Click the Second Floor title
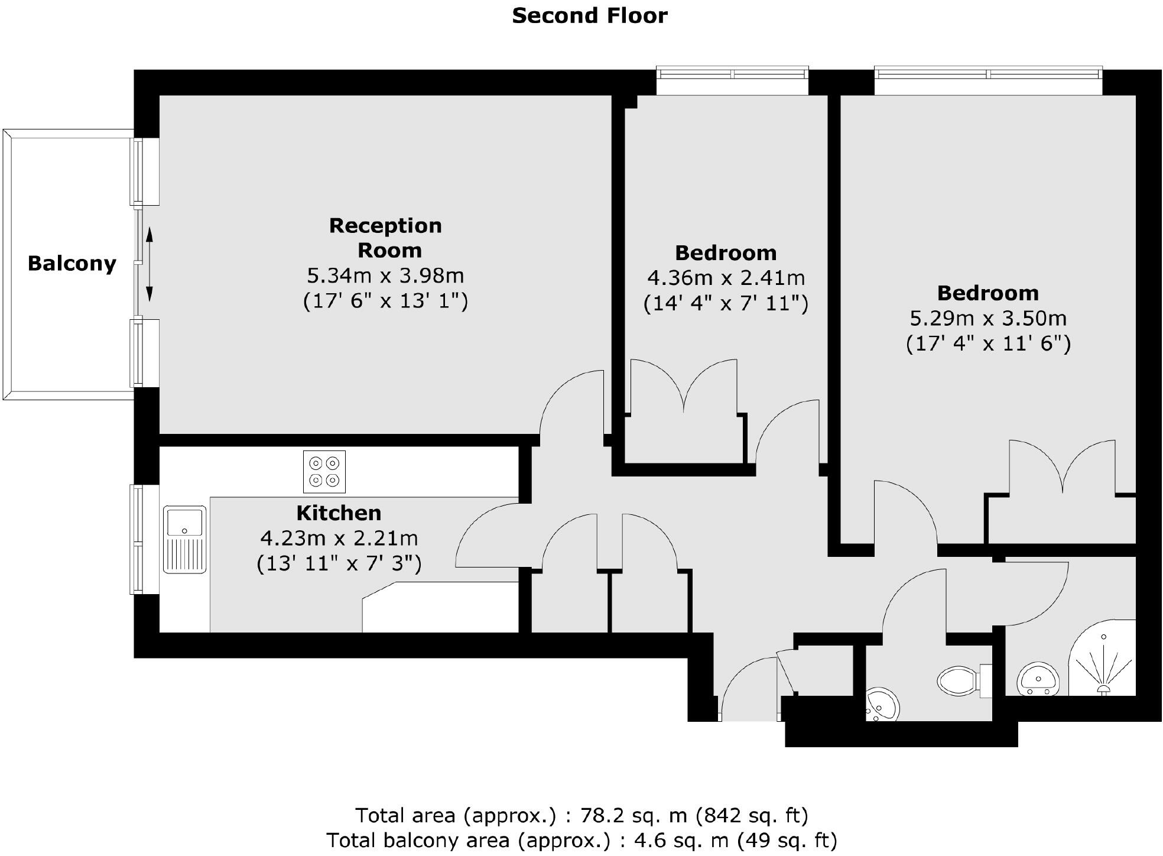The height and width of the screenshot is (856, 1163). tap(589, 16)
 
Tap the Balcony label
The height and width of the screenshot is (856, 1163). tap(72, 264)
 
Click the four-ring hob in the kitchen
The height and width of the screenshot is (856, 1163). tap(324, 472)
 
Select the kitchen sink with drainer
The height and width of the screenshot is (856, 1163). tap(185, 539)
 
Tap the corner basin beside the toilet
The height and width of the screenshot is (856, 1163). tap(882, 705)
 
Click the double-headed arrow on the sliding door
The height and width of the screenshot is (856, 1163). tap(150, 265)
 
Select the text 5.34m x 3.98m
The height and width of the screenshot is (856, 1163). tap(385, 276)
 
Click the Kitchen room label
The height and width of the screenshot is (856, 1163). tap(339, 513)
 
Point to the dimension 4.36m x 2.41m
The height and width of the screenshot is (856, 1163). tap(726, 278)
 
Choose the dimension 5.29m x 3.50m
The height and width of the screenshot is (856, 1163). tap(988, 319)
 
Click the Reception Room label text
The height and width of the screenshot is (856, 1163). tap(385, 238)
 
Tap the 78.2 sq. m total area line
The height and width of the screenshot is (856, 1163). tap(581, 816)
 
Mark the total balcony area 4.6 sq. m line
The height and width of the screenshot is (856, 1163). tap(581, 840)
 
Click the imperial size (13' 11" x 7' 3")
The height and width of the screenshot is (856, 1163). tap(339, 563)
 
